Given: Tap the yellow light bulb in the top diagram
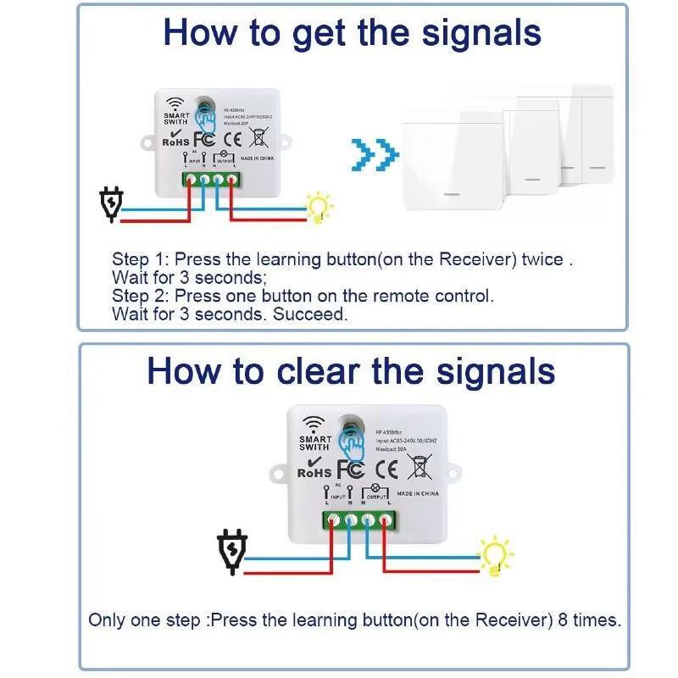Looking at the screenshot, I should [320, 206].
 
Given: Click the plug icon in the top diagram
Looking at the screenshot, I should [111, 204].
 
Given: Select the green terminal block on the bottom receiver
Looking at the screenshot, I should [358, 520].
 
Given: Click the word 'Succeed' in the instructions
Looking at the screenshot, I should [319, 314].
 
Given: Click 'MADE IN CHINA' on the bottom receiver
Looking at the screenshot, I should [417, 492].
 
